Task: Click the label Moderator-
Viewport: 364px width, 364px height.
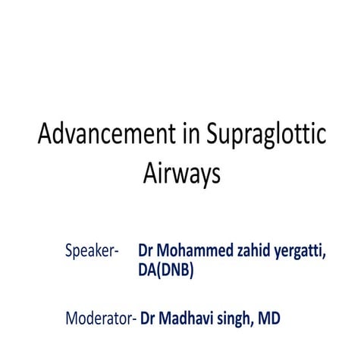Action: (x=101, y=318)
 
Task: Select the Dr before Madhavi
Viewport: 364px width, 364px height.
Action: (x=149, y=318)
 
